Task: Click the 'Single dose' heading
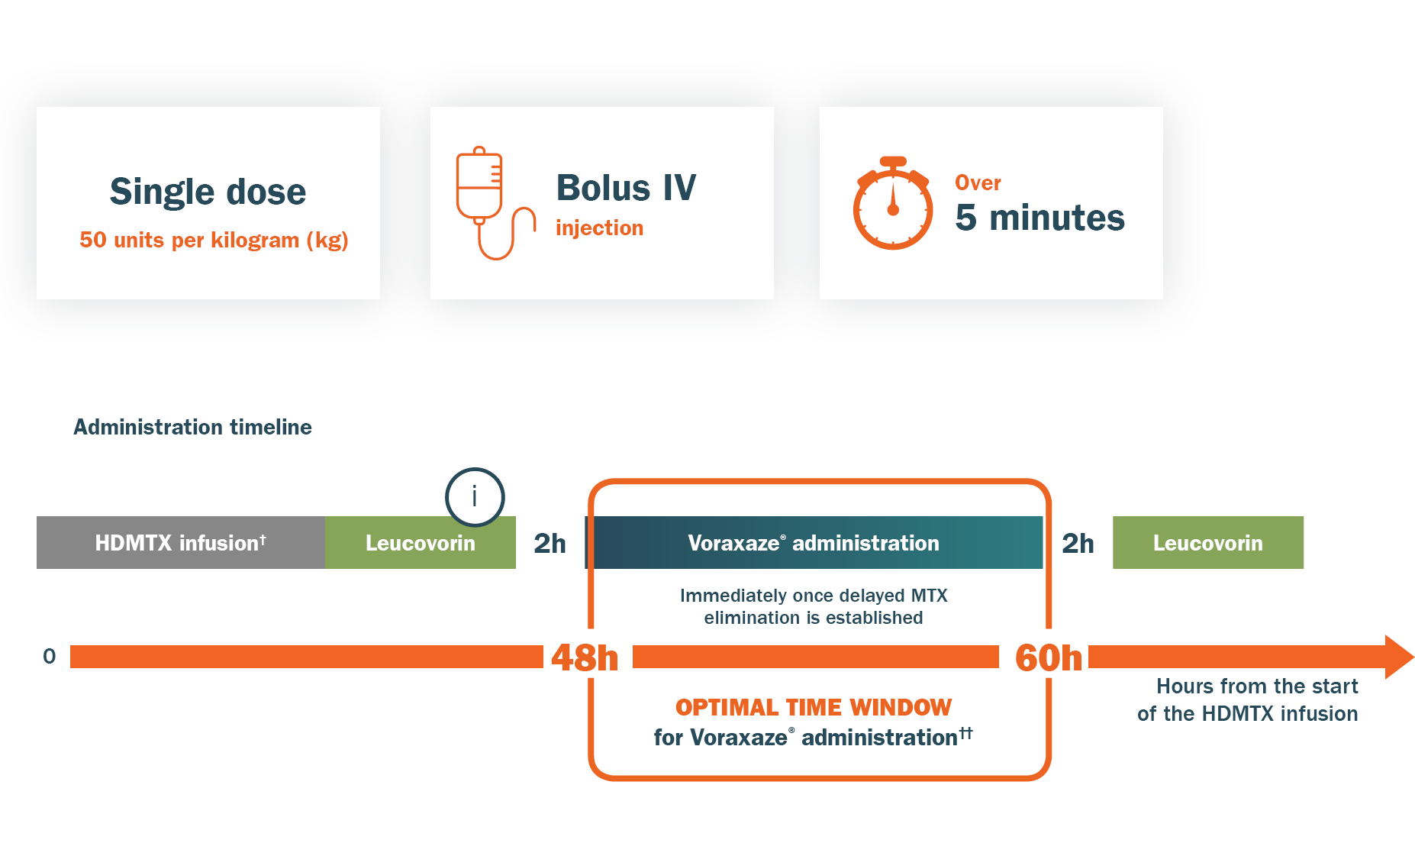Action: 208,191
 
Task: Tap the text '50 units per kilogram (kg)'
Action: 214,240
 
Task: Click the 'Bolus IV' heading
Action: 626,188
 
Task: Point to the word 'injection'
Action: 599,228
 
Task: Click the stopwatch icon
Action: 892,204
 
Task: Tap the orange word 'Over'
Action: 978,183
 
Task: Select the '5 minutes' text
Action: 1039,218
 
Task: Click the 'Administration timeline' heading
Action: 192,427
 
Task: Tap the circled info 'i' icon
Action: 475,497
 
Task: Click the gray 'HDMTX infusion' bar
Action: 181,543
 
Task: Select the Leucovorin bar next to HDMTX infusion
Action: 420,543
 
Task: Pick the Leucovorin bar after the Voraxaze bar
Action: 1207,543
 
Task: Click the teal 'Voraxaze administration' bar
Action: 814,543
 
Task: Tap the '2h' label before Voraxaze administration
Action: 550,543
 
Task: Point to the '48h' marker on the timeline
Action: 585,657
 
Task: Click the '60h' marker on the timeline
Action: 1049,657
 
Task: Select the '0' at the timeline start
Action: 50,656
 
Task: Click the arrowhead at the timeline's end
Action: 1398,657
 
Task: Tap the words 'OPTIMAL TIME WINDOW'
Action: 814,707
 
